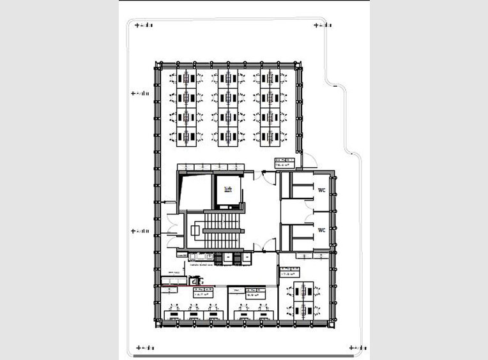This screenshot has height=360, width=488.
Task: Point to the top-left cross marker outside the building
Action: click(136, 25)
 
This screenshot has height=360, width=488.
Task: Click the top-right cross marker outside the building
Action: click(317, 25)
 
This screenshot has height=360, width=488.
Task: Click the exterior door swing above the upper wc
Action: click(307, 162)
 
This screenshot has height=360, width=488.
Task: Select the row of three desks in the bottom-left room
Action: click(191, 314)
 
